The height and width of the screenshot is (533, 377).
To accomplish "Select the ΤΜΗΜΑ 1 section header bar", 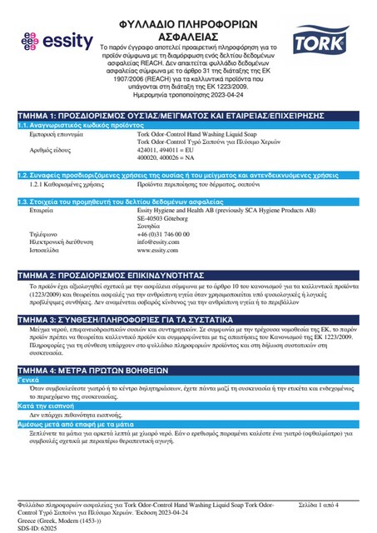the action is pyautogui.click(x=188, y=116).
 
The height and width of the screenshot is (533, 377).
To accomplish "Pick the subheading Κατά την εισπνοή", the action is pyautogui.click(x=43, y=404).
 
